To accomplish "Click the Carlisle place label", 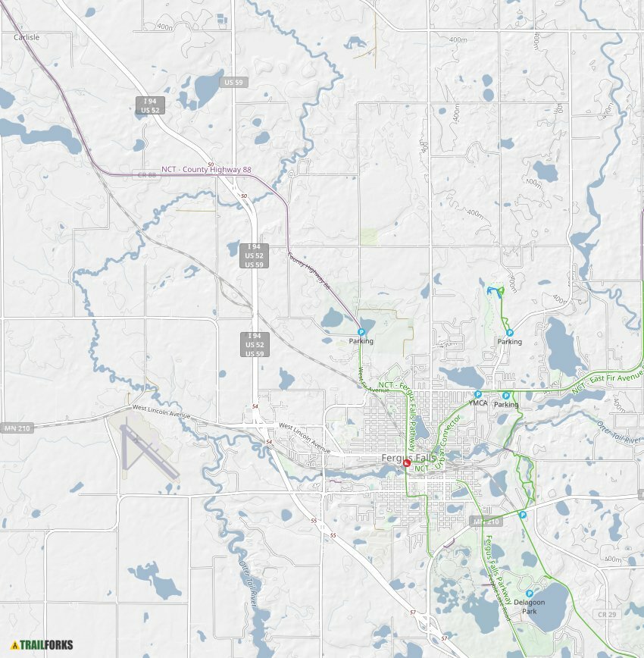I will coord(27,36).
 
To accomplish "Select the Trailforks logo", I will coord(42,645).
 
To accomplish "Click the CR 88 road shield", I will coord(147,174).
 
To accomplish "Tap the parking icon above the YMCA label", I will coord(478,394).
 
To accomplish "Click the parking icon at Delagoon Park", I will coord(529,594).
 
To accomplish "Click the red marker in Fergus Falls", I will coord(407,462).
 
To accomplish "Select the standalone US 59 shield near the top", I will coord(233,82).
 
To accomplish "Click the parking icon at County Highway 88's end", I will coord(361,332).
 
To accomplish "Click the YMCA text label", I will coord(478,404).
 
